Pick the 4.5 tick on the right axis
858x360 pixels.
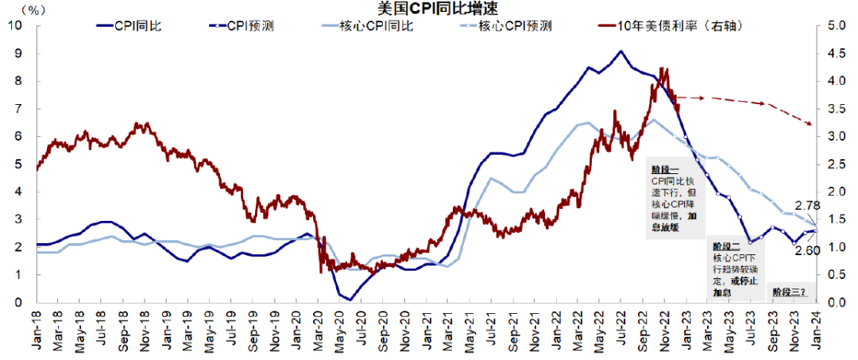(837, 53)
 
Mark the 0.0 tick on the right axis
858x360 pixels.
(837, 303)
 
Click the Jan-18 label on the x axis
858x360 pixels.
(37, 327)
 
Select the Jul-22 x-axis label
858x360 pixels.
(620, 327)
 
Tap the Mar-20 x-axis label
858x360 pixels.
(318, 327)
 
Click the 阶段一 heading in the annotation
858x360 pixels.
(663, 170)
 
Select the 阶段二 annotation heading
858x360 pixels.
(725, 248)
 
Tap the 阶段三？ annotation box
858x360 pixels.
(789, 292)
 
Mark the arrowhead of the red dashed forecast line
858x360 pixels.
(810, 124)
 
